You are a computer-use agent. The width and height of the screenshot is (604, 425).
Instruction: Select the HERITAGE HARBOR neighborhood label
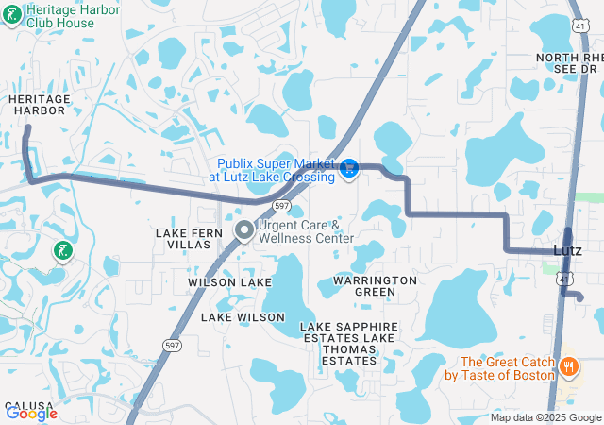(38, 105)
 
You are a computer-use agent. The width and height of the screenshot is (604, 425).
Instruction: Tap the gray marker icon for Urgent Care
(243, 230)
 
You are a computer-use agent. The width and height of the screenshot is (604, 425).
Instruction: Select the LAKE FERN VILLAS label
(187, 238)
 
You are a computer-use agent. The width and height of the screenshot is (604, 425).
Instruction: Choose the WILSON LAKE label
(229, 282)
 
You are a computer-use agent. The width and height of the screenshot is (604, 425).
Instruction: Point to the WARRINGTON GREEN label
(375, 286)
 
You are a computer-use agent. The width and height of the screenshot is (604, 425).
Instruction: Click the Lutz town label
(567, 249)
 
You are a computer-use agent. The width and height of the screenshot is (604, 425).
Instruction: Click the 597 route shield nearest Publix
(281, 205)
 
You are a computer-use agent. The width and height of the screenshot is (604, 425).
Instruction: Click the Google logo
(31, 413)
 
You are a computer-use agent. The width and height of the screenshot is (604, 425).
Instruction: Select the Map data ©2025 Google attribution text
(545, 417)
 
